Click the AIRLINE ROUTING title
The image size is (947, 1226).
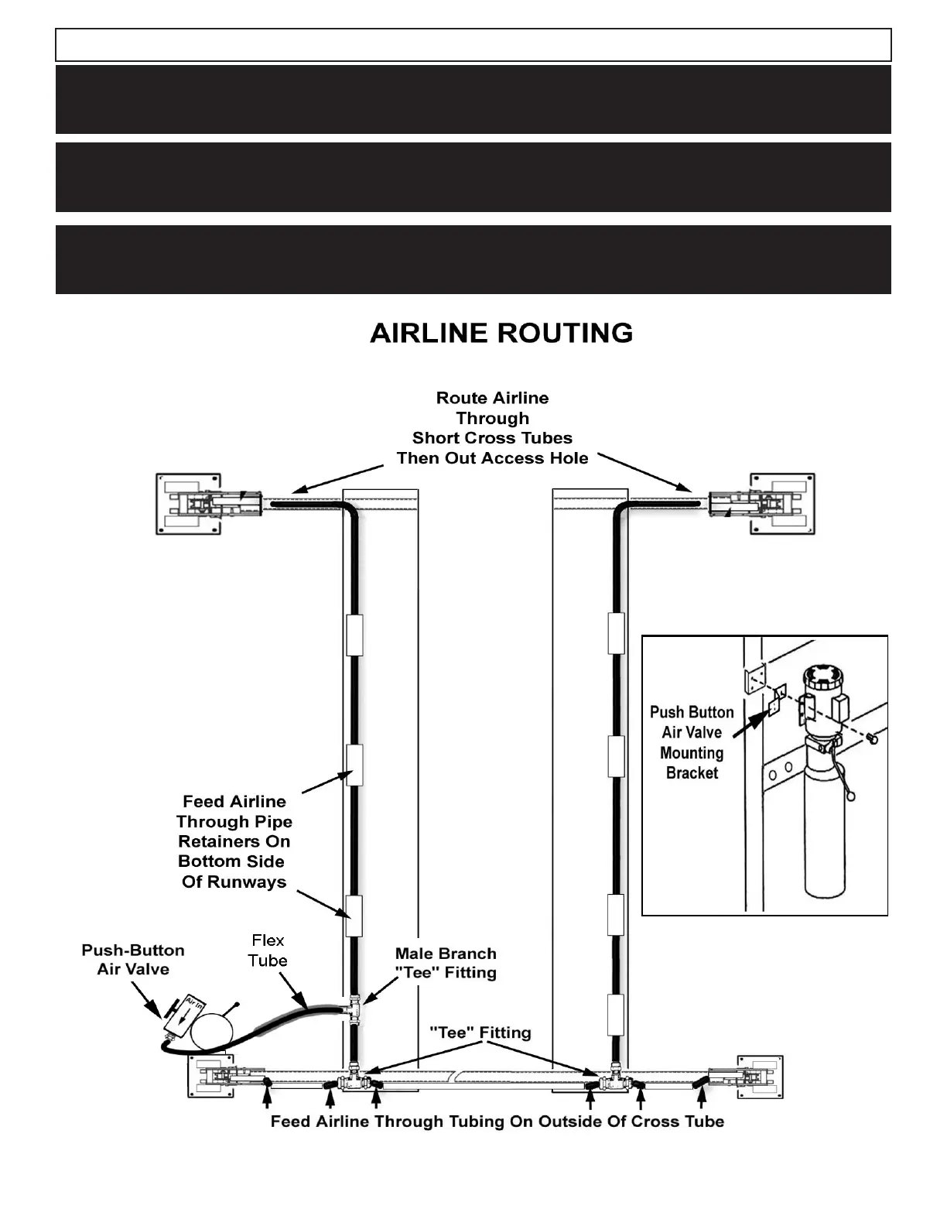click(501, 334)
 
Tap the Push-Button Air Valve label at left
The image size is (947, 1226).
click(133, 960)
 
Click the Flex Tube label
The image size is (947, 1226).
click(268, 950)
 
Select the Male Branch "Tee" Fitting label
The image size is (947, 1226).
click(446, 964)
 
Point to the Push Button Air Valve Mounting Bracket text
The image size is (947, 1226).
click(692, 742)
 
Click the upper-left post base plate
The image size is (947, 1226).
click(189, 504)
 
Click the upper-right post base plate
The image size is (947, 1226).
click(781, 504)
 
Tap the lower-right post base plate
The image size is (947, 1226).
click(759, 1077)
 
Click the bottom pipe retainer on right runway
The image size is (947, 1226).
click(616, 1015)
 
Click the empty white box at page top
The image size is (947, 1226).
click(473, 45)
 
